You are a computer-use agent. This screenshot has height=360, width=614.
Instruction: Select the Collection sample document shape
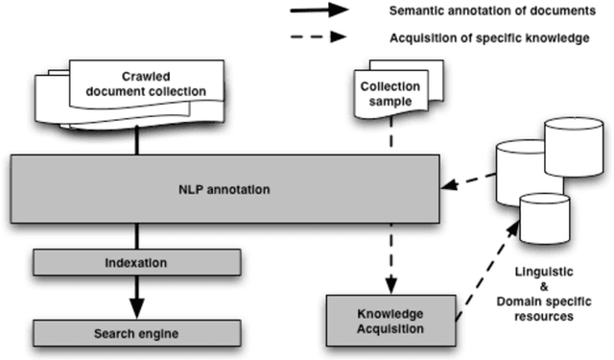pyautogui.click(x=390, y=91)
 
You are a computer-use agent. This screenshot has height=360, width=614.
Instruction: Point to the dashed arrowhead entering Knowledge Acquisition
pyautogui.click(x=390, y=286)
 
